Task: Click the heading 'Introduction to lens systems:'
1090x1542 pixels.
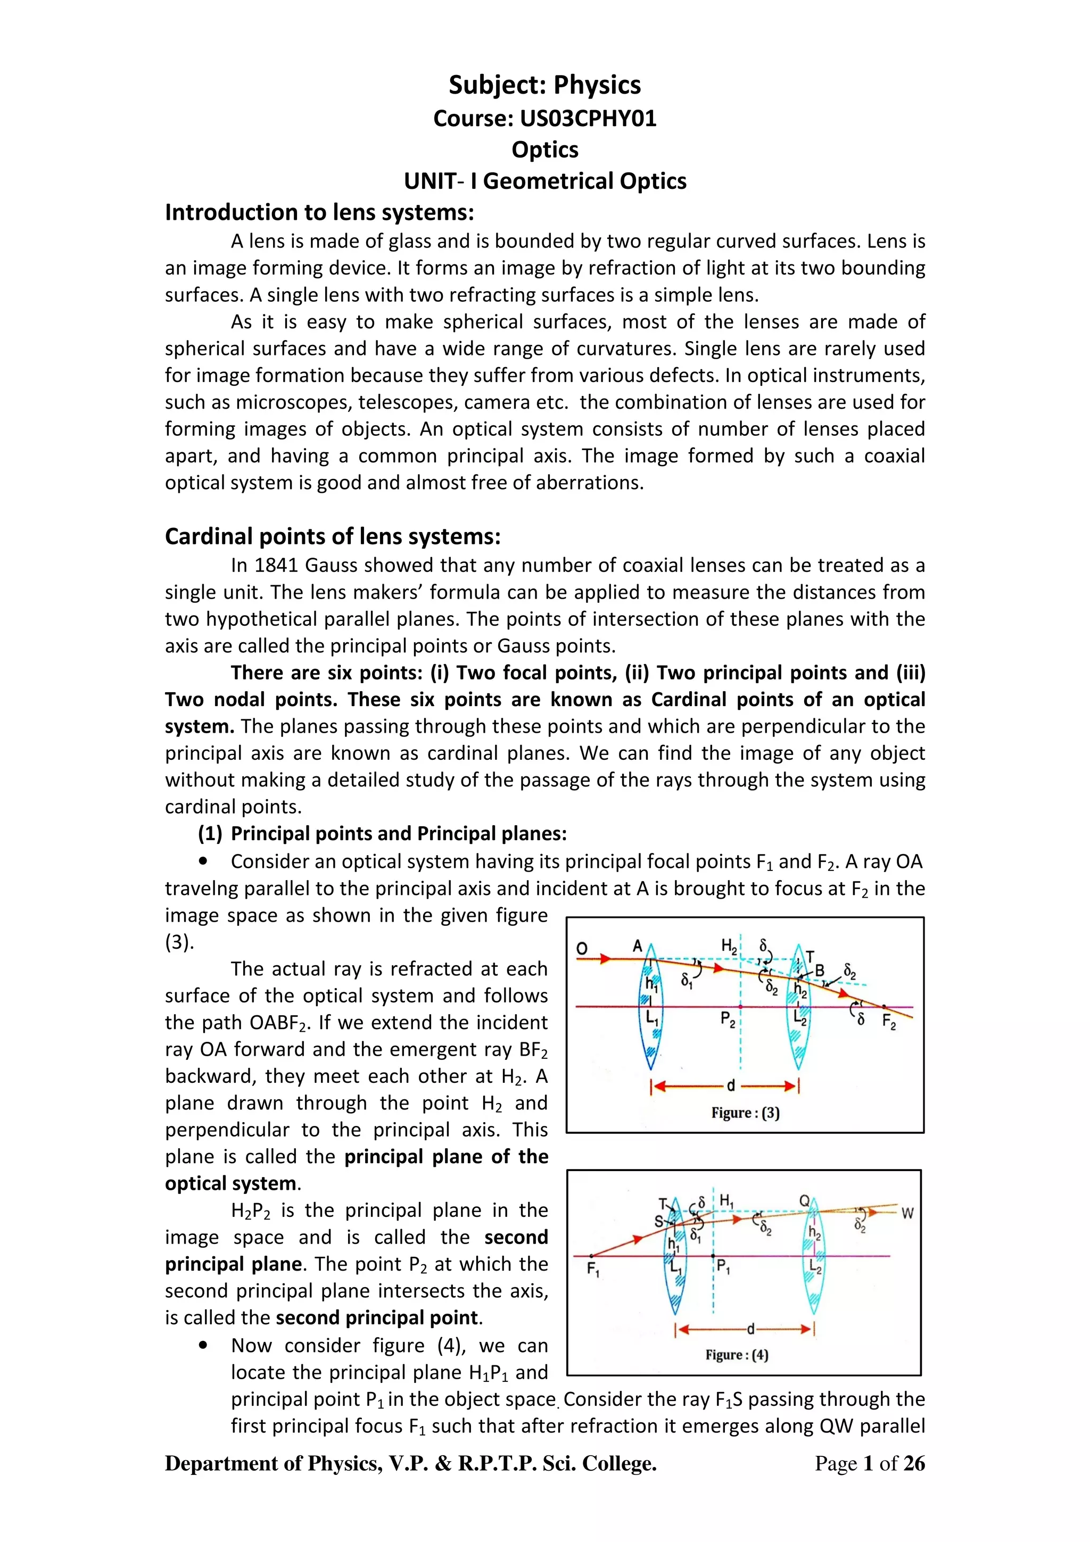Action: tap(320, 212)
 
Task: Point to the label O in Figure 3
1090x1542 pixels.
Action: tap(582, 948)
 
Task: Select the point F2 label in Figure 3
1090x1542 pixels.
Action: tap(888, 1023)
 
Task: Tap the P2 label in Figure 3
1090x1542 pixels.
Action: tap(728, 1019)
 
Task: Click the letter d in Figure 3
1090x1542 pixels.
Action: tap(731, 1086)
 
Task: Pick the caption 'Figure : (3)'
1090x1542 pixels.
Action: tap(746, 1113)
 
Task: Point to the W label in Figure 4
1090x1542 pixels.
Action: tap(907, 1214)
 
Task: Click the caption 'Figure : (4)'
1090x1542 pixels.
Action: tap(737, 1355)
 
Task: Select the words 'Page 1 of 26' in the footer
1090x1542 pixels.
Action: tap(869, 1463)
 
